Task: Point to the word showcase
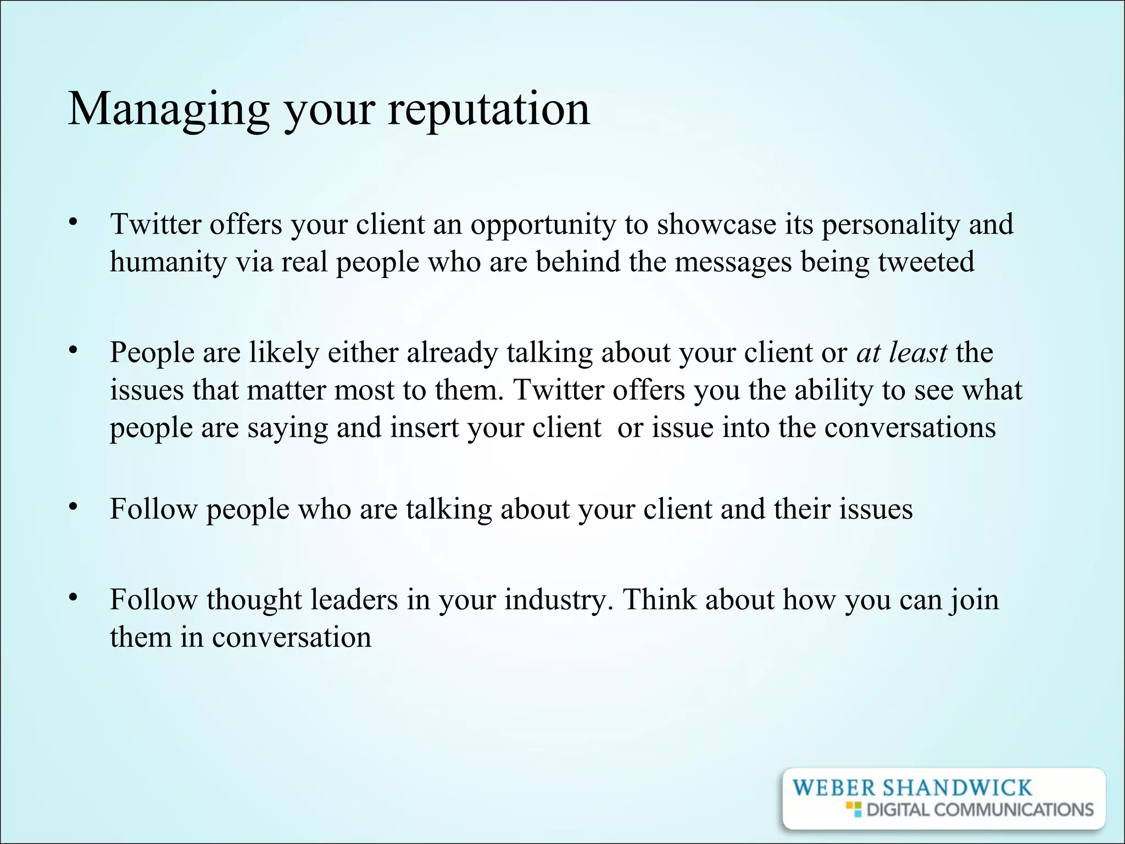click(x=716, y=225)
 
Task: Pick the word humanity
click(x=168, y=262)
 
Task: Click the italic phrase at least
click(x=901, y=352)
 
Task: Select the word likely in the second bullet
click(x=284, y=352)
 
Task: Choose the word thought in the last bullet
click(x=254, y=599)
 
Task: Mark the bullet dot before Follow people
click(x=72, y=507)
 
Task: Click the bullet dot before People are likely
click(x=72, y=351)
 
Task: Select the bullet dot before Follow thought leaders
click(x=72, y=598)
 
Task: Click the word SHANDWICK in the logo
click(x=956, y=788)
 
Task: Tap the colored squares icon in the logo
click(x=854, y=809)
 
